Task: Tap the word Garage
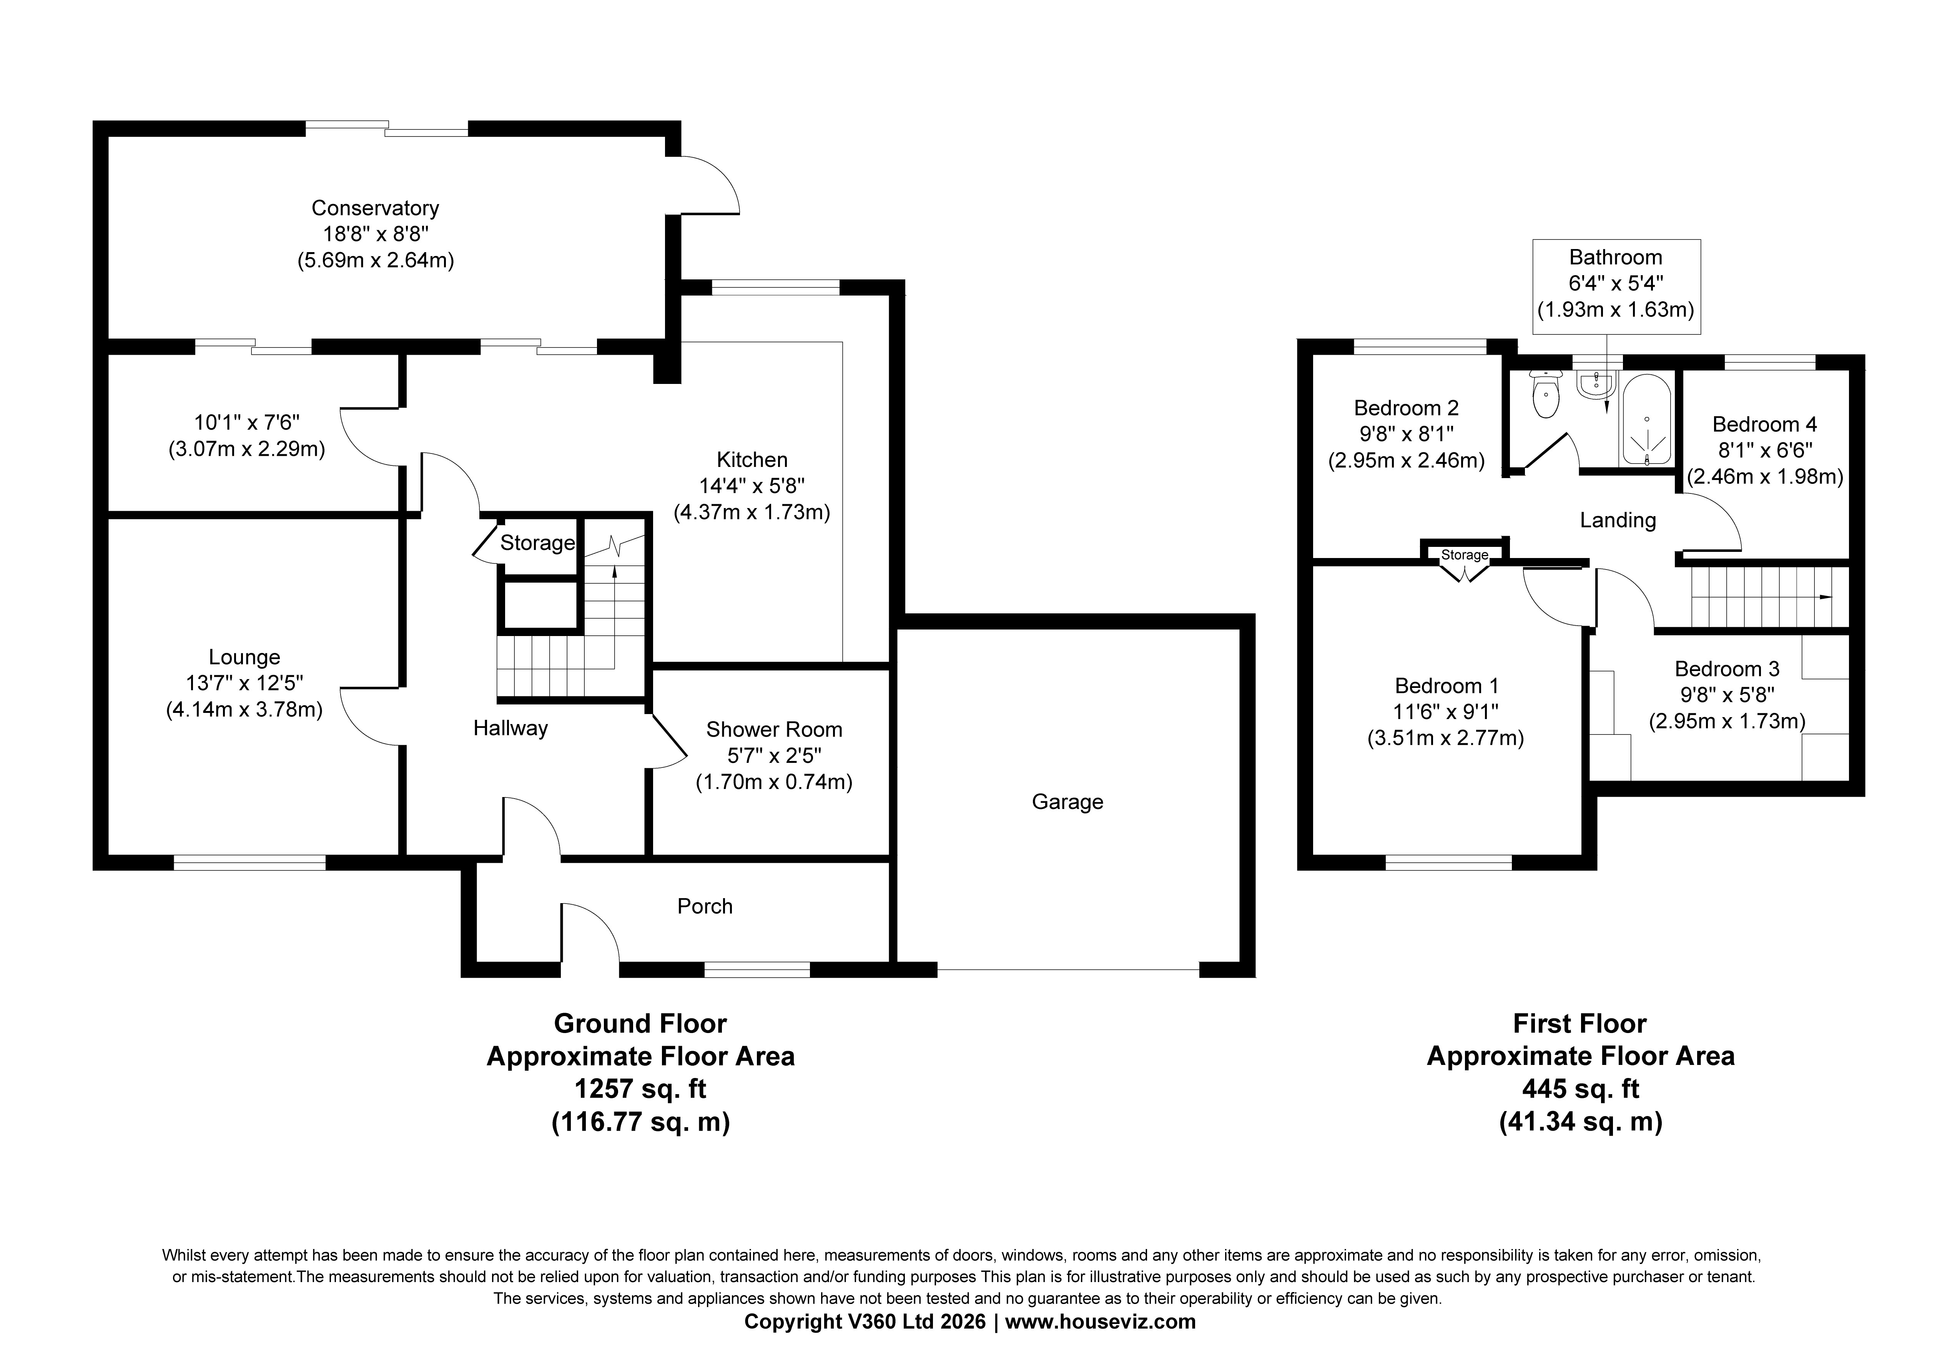click(1067, 802)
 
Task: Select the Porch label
click(705, 907)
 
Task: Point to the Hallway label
click(510, 728)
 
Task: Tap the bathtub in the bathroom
click(1645, 419)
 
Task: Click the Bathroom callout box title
click(1616, 257)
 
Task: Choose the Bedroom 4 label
click(1764, 425)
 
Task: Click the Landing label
click(1617, 520)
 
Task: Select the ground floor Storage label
click(537, 543)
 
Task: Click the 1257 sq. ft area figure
click(640, 1089)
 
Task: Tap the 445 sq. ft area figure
click(1581, 1089)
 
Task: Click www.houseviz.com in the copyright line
click(1101, 1322)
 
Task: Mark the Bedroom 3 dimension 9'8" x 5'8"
click(1727, 695)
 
